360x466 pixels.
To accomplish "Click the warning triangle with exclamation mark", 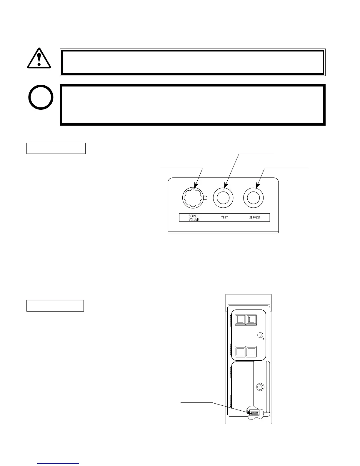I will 39,58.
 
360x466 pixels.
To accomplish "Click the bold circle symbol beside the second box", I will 41,97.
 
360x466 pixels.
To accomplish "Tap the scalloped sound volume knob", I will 193,197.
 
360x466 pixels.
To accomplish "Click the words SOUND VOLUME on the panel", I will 194,218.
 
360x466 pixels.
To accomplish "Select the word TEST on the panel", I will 224,218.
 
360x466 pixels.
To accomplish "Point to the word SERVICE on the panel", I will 254,218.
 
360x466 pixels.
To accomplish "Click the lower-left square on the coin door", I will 240,351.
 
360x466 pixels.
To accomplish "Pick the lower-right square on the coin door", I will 251,351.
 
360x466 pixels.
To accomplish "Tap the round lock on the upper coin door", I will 260,335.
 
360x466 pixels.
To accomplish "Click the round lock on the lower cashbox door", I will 259,387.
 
